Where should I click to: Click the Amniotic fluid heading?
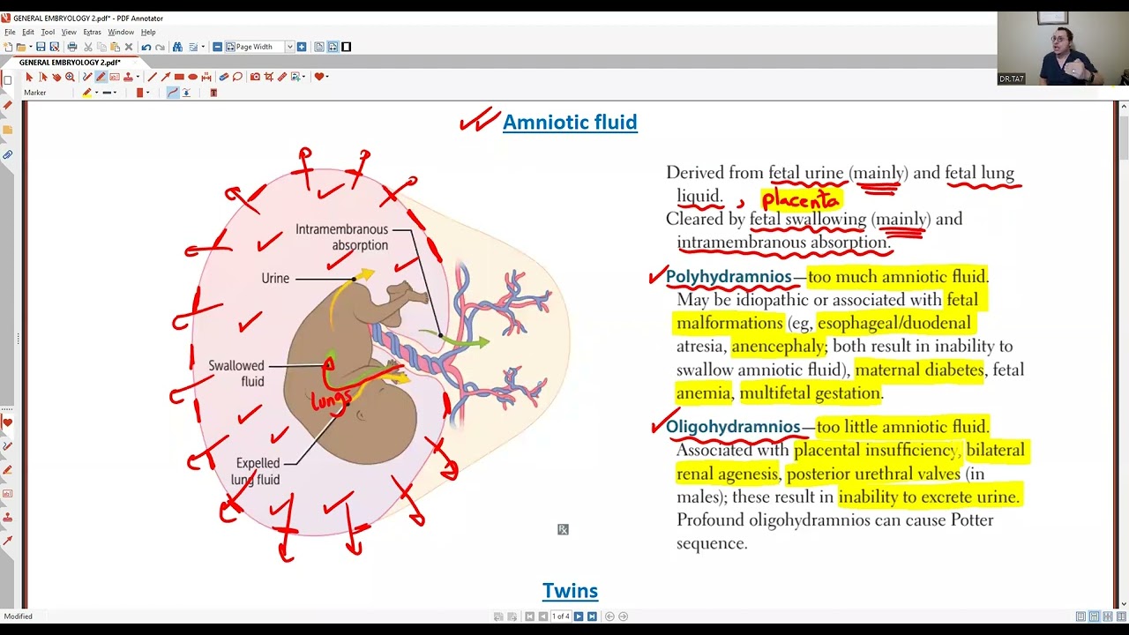point(570,122)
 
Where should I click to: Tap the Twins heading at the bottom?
point(570,590)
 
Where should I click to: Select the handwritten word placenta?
point(801,200)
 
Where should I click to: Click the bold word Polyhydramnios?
point(729,277)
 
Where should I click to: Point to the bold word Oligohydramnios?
point(733,427)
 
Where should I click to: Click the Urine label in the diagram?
point(275,278)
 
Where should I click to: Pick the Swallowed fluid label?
point(236,373)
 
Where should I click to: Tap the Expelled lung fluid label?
point(257,471)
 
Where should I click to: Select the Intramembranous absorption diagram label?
point(341,237)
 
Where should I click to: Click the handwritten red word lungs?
point(331,400)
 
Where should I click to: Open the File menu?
point(10,32)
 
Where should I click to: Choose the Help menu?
point(148,32)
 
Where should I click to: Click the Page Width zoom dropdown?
point(259,47)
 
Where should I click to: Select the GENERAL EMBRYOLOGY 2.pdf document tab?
point(70,63)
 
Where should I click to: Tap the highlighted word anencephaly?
point(778,347)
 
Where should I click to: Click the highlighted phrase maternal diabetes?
point(919,370)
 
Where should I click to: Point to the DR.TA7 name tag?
point(1011,79)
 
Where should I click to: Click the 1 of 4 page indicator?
point(560,616)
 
